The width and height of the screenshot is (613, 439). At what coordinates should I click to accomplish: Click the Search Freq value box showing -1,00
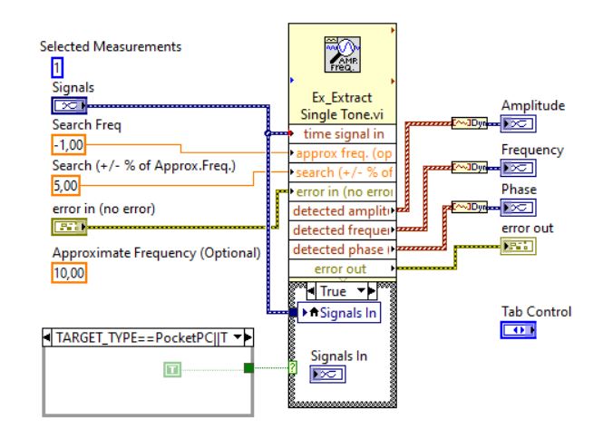point(69,145)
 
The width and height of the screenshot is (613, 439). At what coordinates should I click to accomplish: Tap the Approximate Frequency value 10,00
point(69,272)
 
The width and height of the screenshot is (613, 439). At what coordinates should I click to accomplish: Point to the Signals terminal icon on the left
point(69,105)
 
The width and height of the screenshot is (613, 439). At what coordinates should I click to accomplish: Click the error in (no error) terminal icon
point(69,227)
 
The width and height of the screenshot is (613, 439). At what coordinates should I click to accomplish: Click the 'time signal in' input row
point(343,134)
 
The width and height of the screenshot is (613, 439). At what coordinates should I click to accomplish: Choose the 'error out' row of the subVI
point(343,268)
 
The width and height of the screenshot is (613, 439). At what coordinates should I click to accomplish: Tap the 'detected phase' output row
point(343,249)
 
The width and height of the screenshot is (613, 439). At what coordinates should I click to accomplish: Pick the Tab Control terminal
point(519,330)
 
